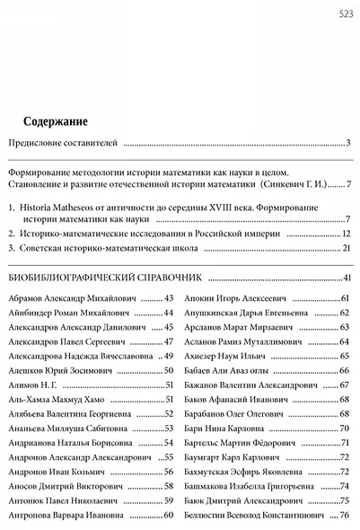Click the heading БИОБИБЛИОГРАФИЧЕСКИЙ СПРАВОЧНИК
[x=106, y=277]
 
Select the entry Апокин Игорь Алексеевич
[x=234, y=297]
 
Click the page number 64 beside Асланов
[x=344, y=341]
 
